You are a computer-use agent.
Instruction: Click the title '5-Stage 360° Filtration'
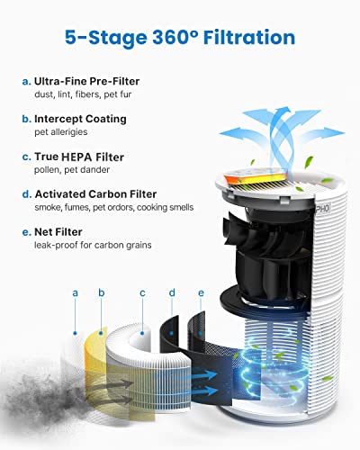coord(180,38)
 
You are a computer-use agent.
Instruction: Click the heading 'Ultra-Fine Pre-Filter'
coord(86,81)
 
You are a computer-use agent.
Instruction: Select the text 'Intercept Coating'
coord(80,119)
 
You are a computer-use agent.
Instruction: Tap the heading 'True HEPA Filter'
coord(79,157)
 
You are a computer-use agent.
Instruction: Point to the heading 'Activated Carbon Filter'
coord(95,194)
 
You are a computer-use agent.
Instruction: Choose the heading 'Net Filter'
coord(58,232)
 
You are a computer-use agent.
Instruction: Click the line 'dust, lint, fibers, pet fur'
coord(83,94)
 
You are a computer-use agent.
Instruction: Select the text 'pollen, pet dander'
coord(72,170)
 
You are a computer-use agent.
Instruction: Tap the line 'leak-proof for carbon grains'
coord(93,245)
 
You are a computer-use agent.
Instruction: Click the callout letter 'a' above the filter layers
coord(76,293)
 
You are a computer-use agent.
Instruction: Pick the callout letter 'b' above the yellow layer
coord(102,292)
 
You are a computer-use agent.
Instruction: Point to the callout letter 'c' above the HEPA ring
coord(142,293)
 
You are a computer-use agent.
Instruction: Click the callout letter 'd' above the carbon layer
coord(172,292)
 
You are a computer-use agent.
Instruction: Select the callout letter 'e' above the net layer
coord(201,293)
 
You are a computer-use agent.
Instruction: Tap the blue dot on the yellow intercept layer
coord(102,333)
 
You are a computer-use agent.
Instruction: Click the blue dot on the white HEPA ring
coord(142,333)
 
